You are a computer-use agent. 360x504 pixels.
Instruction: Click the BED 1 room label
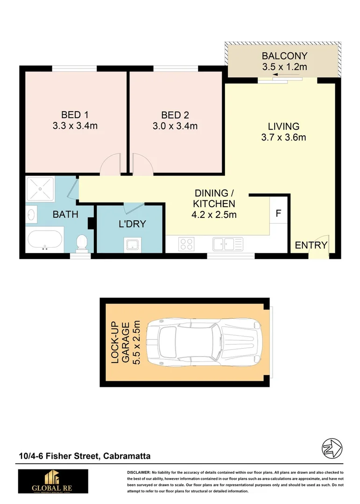point(75,115)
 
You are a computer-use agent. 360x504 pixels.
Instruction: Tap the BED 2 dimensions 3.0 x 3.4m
point(175,126)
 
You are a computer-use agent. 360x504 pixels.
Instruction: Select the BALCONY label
point(284,57)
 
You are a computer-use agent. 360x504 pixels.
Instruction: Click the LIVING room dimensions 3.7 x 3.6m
point(283,137)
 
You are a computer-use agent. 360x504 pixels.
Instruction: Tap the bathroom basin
point(32,215)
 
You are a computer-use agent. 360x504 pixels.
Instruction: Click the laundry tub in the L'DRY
point(130,244)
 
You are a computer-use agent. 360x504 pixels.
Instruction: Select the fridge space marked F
point(278,213)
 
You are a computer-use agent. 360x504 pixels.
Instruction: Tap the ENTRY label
point(311,245)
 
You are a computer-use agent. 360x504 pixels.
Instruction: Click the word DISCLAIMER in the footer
point(138,473)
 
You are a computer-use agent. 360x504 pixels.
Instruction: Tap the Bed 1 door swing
point(110,166)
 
